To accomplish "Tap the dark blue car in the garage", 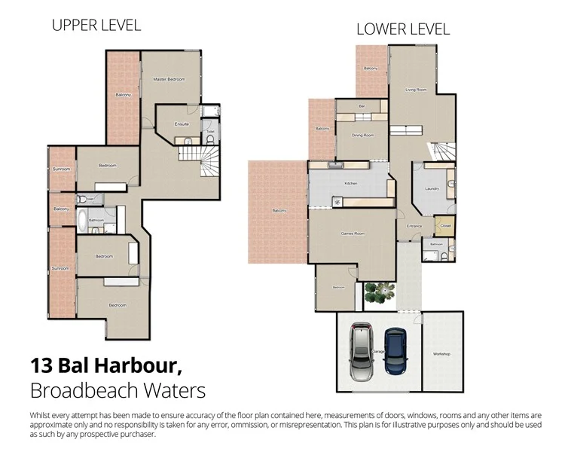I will pyautogui.click(x=395, y=351).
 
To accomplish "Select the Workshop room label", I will pyautogui.click(x=441, y=354).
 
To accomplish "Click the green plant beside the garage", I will pyautogui.click(x=379, y=293).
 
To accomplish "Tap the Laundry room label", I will pyautogui.click(x=432, y=188).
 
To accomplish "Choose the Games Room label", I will pyautogui.click(x=353, y=234).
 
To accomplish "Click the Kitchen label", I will pyautogui.click(x=350, y=183).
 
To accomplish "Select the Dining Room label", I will pyautogui.click(x=363, y=136).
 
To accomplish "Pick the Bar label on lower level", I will pyautogui.click(x=362, y=107).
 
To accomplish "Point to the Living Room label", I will pyautogui.click(x=416, y=90).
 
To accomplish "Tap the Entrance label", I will pyautogui.click(x=414, y=226).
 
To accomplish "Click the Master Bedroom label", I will pyautogui.click(x=169, y=79).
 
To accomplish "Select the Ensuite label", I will pyautogui.click(x=182, y=124).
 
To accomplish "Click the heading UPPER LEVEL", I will pyautogui.click(x=96, y=25).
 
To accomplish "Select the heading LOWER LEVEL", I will pyautogui.click(x=403, y=29).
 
